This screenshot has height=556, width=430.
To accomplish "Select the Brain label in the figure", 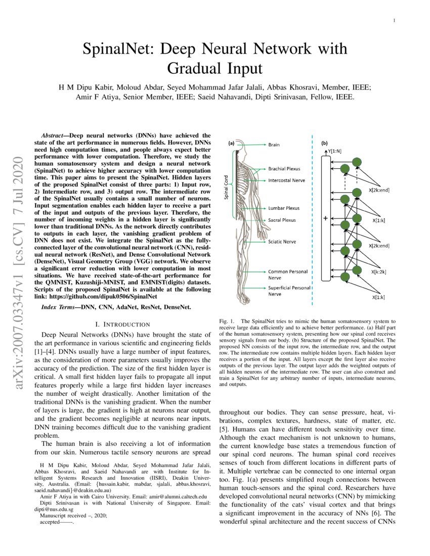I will coord(274,145).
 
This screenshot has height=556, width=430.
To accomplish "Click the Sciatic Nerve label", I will coord(282,242).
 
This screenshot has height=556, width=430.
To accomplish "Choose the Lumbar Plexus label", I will coord(284,208).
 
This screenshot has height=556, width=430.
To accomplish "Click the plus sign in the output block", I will coord(325,219).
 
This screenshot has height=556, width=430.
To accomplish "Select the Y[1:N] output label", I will coord(334,151).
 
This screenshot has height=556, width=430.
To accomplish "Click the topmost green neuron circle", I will coord(357,162).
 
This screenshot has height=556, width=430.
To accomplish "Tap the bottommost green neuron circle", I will coord(346,277).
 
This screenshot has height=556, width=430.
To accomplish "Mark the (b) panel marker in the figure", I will coord(325,143).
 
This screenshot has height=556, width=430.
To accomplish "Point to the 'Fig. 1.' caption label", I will coord(227,321).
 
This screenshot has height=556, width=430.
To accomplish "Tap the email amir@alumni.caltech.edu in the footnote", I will coord(170,497).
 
